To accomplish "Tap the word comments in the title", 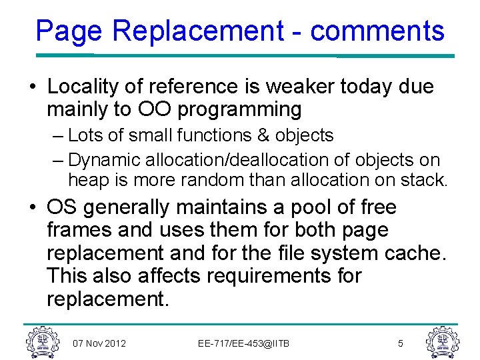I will pos(377,31).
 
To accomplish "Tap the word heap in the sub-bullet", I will pos(87,180).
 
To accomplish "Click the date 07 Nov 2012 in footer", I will pos(99,343).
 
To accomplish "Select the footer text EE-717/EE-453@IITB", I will pos(244,343).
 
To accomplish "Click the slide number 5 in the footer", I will pos(400,343).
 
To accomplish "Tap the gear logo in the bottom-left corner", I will pos(41,341).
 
